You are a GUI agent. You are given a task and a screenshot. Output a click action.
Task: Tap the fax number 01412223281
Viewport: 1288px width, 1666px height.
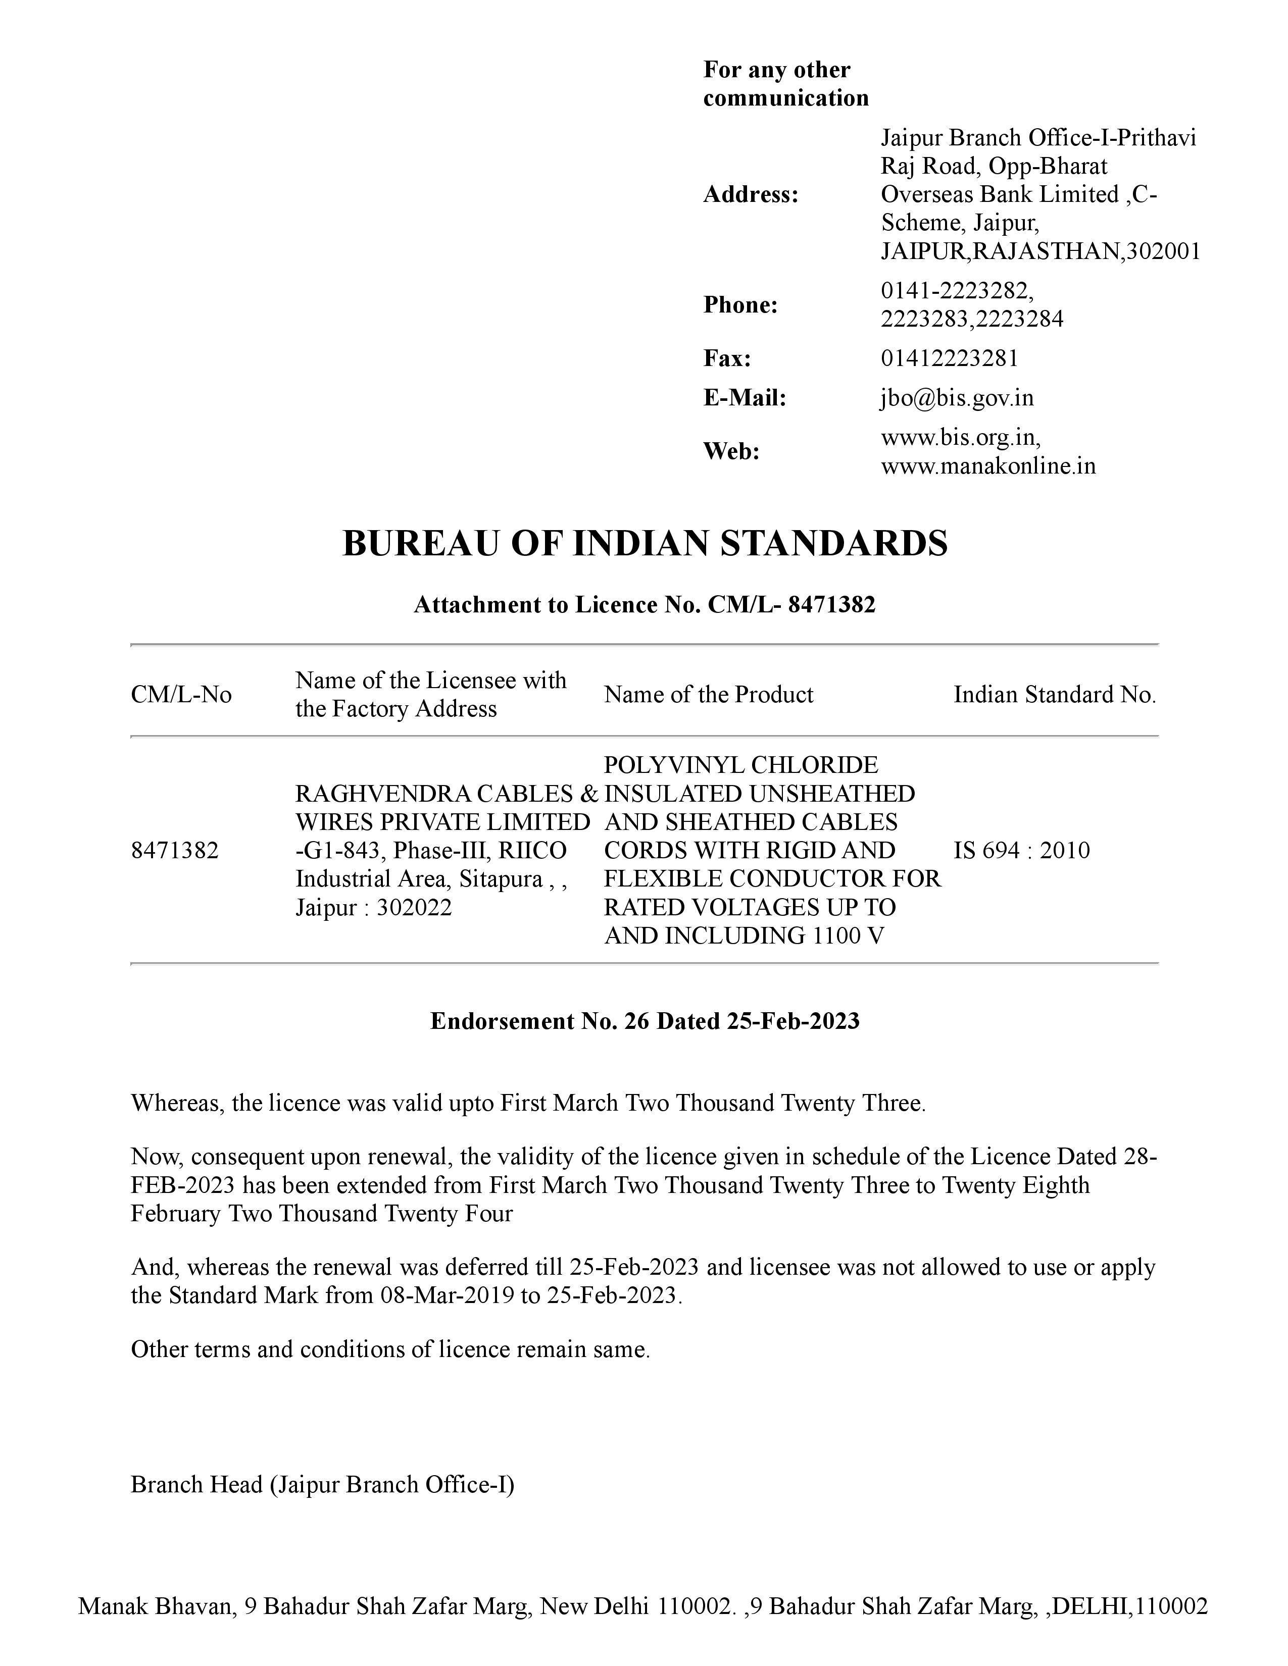[949, 358]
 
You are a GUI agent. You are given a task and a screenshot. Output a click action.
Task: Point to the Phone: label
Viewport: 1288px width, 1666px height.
[740, 305]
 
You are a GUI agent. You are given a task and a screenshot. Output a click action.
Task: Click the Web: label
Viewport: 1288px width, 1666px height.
[731, 452]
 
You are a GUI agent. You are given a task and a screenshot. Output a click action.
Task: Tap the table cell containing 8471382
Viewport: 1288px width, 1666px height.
[175, 851]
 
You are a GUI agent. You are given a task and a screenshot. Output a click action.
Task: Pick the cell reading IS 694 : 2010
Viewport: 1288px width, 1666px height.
[1021, 851]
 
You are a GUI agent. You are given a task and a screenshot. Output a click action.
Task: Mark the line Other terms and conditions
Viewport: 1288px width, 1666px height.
[390, 1349]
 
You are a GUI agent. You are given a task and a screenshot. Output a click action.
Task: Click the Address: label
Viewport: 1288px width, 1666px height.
[750, 195]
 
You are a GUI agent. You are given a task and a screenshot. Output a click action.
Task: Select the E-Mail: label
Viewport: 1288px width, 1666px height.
[744, 398]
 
